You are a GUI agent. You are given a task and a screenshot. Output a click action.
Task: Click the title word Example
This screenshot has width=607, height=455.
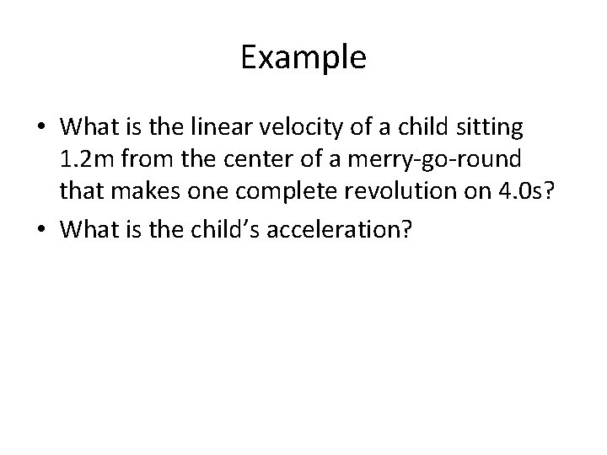tap(303, 58)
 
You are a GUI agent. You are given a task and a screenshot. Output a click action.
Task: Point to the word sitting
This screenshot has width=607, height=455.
tap(492, 128)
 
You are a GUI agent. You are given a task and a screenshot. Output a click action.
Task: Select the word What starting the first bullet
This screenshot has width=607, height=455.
tap(90, 128)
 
